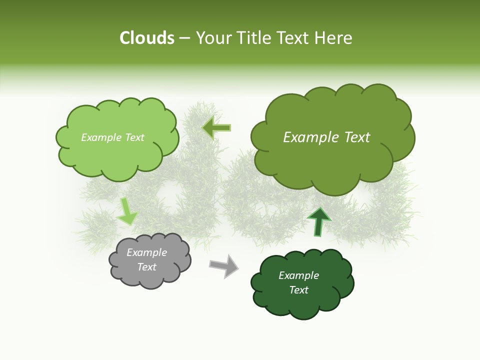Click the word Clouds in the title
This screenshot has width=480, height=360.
[x=147, y=38]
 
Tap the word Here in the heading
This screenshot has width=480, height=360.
[x=334, y=38]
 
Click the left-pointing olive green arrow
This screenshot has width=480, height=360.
[x=217, y=128]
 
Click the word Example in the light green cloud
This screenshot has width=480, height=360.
[x=100, y=137]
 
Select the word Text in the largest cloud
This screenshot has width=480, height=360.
[x=356, y=137]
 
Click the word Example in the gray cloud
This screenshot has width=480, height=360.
[x=146, y=252]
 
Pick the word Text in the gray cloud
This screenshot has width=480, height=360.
[x=146, y=267]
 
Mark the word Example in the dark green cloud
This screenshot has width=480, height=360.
[x=298, y=275]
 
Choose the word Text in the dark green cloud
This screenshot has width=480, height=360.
[x=298, y=290]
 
